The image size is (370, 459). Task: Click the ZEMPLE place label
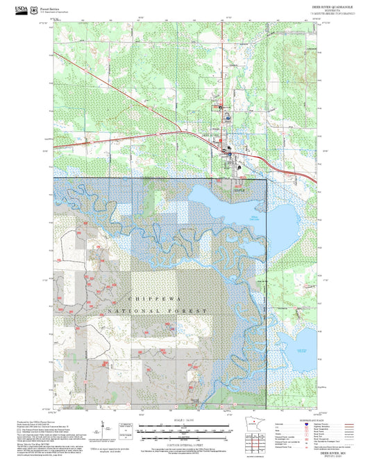[240, 178]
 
